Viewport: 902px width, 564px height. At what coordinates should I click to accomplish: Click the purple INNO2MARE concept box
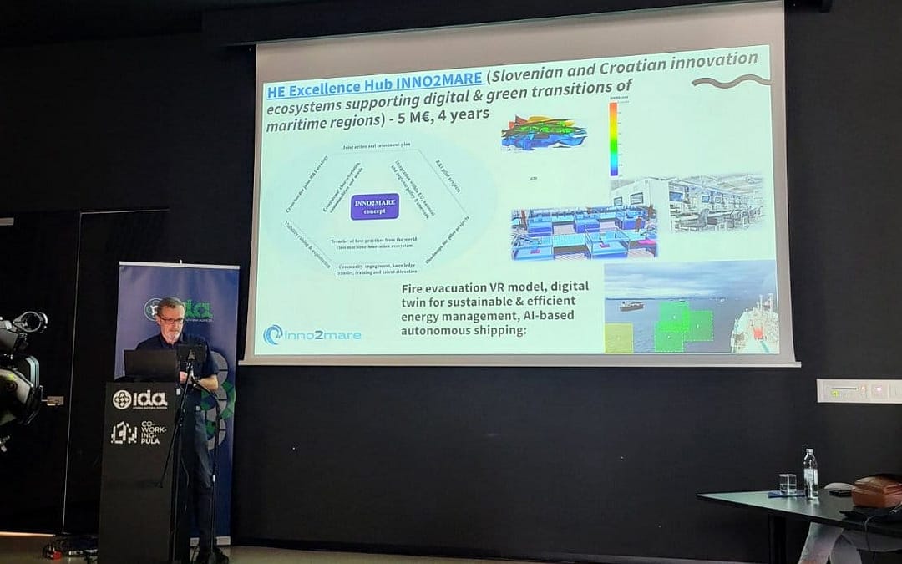tap(374, 206)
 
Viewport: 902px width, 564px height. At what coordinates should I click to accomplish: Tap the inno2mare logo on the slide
tap(312, 334)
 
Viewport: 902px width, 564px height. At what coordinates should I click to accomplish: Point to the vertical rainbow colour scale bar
tap(614, 139)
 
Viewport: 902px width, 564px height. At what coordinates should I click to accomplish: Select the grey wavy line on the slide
tap(730, 80)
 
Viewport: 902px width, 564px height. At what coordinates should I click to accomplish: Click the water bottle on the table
tap(810, 474)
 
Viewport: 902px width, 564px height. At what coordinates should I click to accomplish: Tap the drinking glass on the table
tap(788, 484)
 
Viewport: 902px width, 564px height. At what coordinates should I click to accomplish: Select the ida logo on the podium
tap(139, 399)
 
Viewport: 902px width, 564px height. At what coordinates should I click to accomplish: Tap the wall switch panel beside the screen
tap(857, 390)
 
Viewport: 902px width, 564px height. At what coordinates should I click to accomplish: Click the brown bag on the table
tap(876, 490)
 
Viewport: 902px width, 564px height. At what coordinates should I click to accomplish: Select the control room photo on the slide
tap(716, 203)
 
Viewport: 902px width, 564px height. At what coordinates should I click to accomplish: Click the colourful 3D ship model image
tap(543, 134)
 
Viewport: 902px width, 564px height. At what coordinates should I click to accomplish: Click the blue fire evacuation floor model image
tap(583, 233)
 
